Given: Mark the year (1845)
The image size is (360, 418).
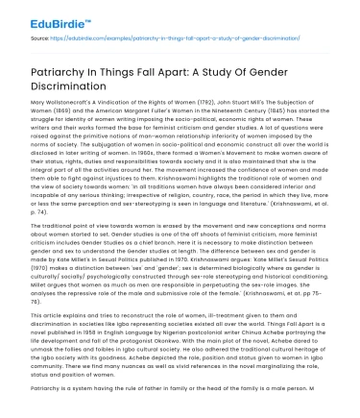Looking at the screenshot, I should [x=249, y=109].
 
